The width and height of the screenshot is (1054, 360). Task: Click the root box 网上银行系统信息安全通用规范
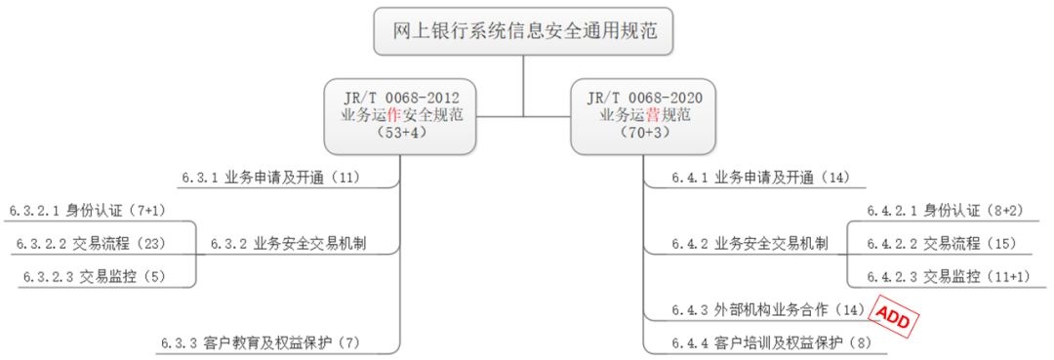tap(524, 31)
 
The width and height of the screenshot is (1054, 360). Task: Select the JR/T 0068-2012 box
tap(401, 115)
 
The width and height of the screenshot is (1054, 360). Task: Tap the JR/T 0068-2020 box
tap(643, 115)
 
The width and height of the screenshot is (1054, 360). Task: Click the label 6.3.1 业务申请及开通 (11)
tap(271, 178)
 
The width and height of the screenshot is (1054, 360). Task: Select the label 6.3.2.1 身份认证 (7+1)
tap(88, 211)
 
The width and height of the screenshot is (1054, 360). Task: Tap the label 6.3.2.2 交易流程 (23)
tap(89, 245)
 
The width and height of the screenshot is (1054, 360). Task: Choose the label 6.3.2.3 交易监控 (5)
tap(94, 276)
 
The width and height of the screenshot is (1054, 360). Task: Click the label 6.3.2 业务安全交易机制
tap(288, 245)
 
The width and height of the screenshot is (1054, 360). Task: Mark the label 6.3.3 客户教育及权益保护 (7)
tap(261, 342)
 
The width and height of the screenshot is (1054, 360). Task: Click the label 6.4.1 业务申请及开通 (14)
tap(761, 178)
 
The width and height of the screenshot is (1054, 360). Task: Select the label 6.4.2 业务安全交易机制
tap(750, 245)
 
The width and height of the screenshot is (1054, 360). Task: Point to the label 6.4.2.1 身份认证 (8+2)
tap(945, 211)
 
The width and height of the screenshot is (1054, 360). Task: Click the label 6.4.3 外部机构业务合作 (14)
tap(767, 309)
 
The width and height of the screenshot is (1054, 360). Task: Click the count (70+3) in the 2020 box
tap(643, 133)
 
